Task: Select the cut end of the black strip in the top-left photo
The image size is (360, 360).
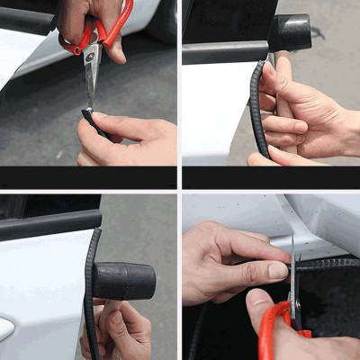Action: coord(87,113)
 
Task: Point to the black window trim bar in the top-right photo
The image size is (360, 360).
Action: coord(225,52)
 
